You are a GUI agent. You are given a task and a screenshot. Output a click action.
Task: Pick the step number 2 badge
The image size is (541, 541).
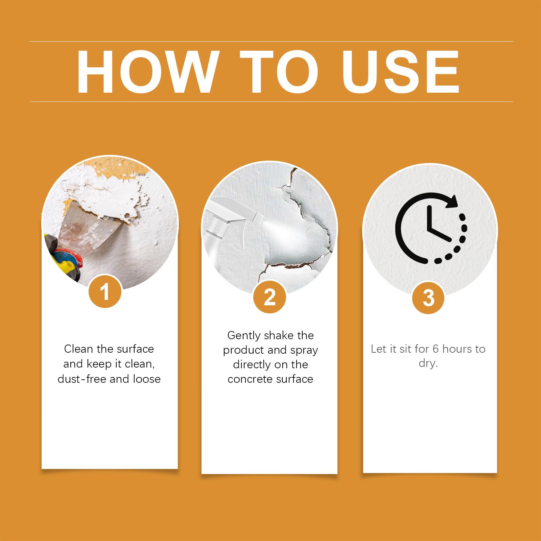[x=270, y=298]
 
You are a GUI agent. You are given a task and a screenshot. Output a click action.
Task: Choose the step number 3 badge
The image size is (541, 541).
[x=429, y=298]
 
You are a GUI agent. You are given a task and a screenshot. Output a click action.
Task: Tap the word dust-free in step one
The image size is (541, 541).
[x=82, y=379]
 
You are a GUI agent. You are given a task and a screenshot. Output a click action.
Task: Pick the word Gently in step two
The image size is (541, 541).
[x=244, y=335]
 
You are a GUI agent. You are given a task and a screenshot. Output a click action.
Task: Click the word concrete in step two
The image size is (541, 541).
[x=250, y=379]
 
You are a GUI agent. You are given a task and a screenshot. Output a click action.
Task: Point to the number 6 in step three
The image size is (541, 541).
[x=436, y=349]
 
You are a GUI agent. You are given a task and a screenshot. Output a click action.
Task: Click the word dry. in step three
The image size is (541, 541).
[x=428, y=364]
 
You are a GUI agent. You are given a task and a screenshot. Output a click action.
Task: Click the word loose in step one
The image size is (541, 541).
[x=147, y=379]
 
